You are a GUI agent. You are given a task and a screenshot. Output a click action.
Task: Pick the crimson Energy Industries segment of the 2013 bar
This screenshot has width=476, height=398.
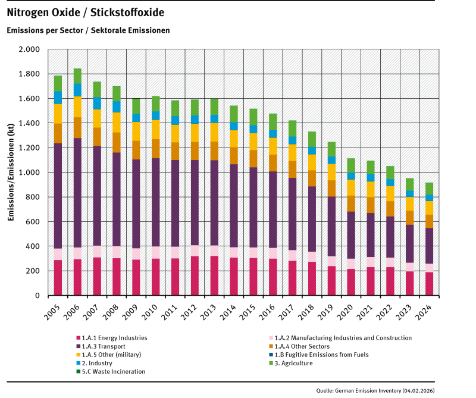[214, 275]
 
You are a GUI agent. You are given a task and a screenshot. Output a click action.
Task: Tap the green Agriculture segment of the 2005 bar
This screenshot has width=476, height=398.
[58, 83]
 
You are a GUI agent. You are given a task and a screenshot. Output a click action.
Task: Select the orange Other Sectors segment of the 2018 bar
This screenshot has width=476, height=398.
[312, 178]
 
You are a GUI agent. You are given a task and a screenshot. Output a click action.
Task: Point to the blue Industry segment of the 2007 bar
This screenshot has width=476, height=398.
[97, 104]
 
